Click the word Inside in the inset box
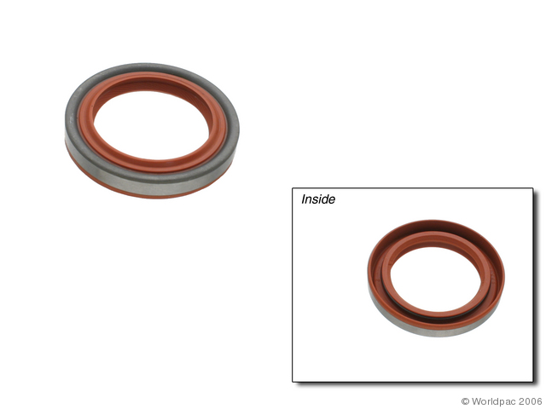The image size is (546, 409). coord(318,199)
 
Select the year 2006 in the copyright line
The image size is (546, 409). coord(532,401)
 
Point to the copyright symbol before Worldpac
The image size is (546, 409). coord(465,401)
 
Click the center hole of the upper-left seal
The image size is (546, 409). coord(152,125)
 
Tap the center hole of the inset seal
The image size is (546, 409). coord(436,280)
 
